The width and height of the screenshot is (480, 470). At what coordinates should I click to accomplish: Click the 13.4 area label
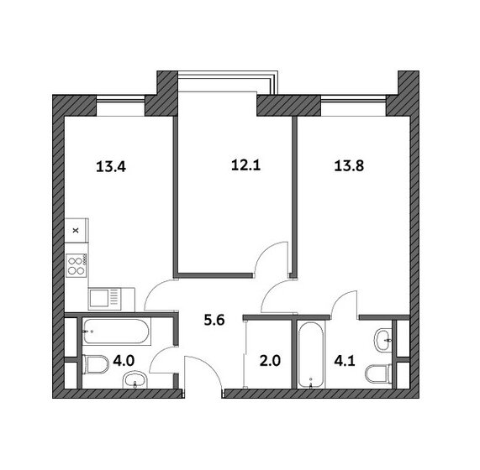click(111, 167)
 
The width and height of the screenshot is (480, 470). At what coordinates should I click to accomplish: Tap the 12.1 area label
click(245, 165)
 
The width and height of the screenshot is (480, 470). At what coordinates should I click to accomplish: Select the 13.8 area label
click(349, 166)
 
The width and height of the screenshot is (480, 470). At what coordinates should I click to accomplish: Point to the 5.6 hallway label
click(214, 320)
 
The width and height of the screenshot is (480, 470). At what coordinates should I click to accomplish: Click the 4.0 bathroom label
click(124, 361)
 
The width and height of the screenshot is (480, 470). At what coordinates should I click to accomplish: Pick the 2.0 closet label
click(270, 361)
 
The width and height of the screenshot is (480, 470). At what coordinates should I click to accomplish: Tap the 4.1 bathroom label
click(345, 361)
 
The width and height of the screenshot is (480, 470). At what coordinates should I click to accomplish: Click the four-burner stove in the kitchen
click(76, 265)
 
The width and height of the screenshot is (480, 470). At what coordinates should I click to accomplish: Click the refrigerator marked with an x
click(76, 231)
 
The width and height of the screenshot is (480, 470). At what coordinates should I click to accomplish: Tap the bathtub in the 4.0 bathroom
click(116, 332)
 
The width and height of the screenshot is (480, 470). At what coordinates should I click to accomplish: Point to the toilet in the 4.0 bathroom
click(96, 364)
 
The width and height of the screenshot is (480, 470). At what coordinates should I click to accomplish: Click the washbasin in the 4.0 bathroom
click(135, 379)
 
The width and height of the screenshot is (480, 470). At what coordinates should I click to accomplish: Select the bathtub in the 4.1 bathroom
click(310, 354)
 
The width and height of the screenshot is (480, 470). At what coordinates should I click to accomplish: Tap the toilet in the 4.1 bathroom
click(379, 373)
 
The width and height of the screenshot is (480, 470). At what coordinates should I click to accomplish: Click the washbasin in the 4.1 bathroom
click(383, 340)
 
